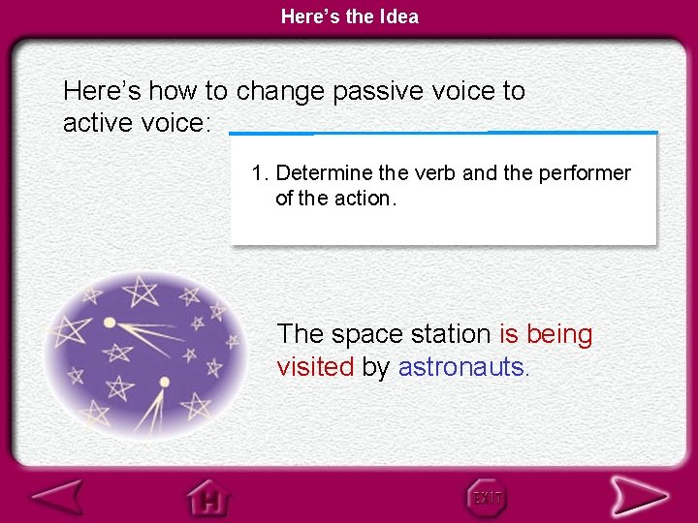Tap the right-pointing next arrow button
(638, 497)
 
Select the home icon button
(210, 498)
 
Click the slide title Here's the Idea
(349, 15)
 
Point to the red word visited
(315, 367)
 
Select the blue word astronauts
(463, 367)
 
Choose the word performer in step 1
(584, 173)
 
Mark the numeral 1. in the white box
(260, 173)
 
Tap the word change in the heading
(280, 91)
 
